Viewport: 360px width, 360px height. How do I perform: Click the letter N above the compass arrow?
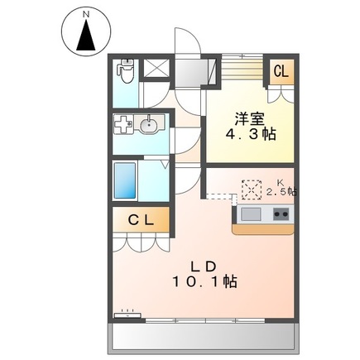point(86,15)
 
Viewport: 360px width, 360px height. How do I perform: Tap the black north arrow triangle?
point(86,35)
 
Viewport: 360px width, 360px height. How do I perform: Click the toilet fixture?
point(126,70)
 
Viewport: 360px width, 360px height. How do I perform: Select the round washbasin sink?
point(148,125)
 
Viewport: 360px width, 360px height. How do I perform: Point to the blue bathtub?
point(125,180)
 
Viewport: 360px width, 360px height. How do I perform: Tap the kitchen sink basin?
point(251,214)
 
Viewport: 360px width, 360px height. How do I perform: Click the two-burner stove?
point(281,214)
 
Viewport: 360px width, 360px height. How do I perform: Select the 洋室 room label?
point(250,119)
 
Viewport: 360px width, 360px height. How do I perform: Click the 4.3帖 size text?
point(251,134)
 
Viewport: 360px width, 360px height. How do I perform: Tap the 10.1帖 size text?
point(204,281)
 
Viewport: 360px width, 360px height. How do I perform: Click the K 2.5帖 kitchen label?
point(281,188)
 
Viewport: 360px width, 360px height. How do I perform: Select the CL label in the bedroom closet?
point(281,71)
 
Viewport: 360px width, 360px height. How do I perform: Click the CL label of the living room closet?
point(141,220)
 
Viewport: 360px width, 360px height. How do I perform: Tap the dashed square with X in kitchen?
point(252,190)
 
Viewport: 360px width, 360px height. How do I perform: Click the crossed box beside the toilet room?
point(156,68)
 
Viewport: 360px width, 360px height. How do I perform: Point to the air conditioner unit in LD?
point(127,314)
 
